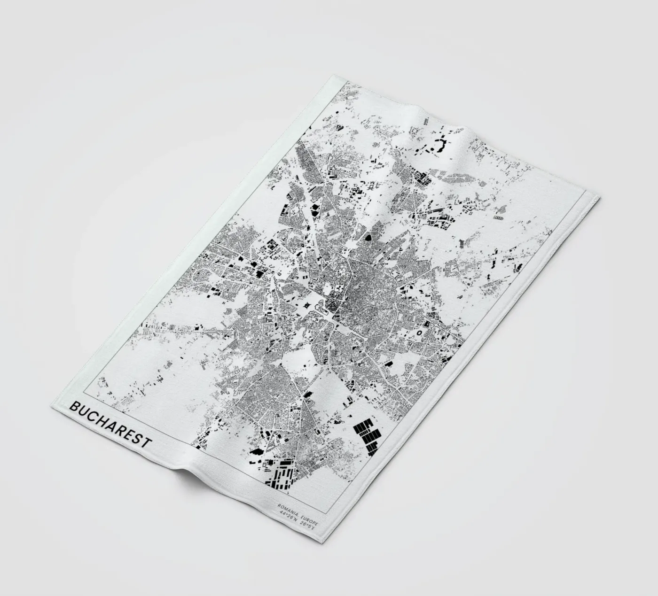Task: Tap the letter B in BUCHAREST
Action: [x=74, y=407]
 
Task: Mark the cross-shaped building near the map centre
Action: [x=308, y=305]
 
